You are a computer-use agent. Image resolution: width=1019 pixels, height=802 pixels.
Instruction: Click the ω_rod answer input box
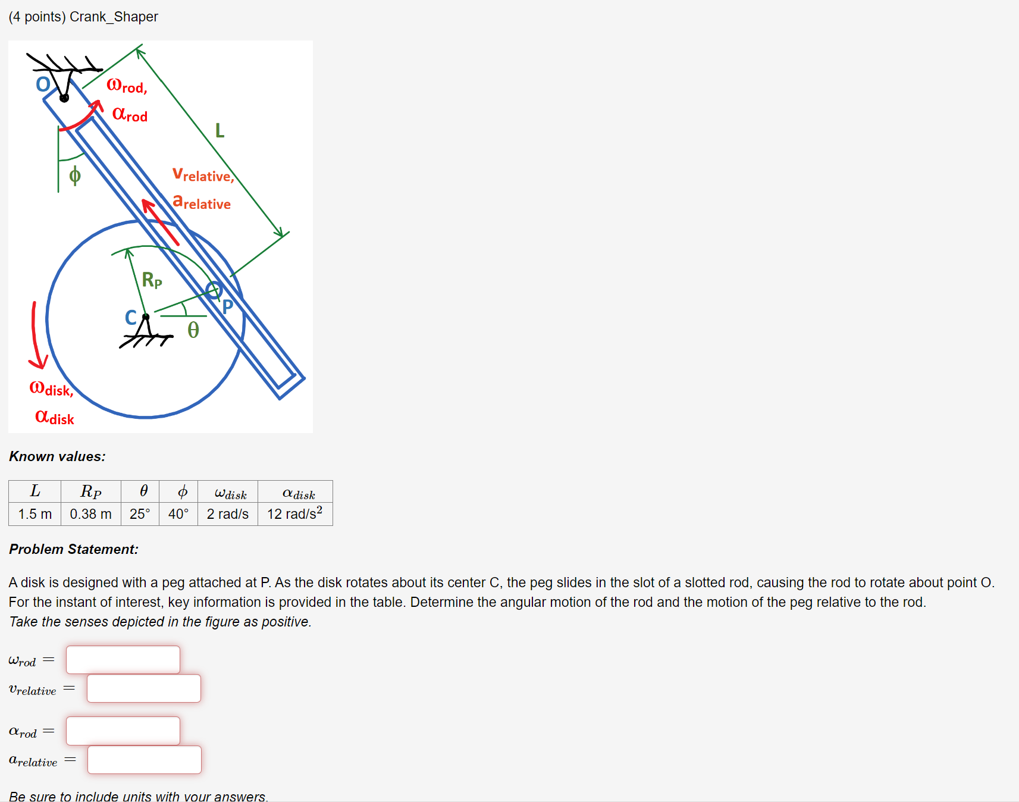click(123, 660)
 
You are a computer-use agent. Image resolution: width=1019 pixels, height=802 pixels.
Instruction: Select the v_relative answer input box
click(144, 688)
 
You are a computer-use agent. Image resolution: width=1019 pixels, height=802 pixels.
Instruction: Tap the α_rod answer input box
click(123, 731)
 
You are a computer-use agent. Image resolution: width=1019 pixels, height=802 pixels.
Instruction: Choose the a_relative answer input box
click(145, 760)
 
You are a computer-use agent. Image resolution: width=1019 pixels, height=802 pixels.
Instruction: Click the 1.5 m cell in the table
click(35, 514)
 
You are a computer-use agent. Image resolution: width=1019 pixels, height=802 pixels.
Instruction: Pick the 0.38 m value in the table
click(90, 514)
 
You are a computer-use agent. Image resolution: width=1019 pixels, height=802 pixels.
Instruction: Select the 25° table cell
click(140, 514)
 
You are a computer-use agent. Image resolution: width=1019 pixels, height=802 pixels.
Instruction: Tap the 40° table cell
click(178, 514)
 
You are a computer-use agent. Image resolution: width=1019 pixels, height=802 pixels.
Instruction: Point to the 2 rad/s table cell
click(227, 514)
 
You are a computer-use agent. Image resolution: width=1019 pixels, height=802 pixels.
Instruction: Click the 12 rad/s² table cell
click(294, 513)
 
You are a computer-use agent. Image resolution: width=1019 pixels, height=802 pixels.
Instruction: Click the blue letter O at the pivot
click(43, 84)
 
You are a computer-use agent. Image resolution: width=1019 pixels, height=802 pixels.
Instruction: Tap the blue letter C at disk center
click(131, 318)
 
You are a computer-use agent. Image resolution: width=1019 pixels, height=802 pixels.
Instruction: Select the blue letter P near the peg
click(227, 307)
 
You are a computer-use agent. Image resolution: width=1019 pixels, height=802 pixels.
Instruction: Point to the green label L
click(220, 130)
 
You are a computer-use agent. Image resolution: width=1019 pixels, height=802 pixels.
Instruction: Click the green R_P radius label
click(152, 280)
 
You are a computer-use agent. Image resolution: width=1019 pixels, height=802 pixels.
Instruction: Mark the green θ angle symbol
click(193, 330)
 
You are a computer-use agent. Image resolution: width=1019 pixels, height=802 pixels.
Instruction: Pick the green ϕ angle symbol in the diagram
click(75, 176)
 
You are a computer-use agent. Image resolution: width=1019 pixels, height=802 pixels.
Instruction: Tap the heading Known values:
click(57, 456)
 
